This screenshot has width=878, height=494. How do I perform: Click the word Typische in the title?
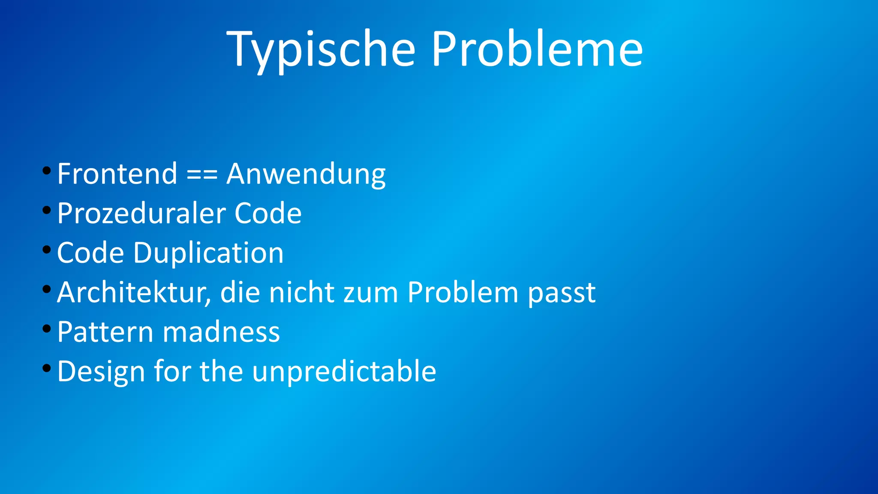point(321,49)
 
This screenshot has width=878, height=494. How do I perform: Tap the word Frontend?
point(117,174)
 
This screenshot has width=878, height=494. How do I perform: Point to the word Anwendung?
point(306,175)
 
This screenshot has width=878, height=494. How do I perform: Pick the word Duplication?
point(208,253)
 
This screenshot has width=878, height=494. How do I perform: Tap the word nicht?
point(301,292)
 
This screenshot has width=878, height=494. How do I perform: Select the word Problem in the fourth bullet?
point(463,292)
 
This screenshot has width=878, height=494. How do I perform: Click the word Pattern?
point(105,332)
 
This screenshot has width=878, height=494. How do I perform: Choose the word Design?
point(101,371)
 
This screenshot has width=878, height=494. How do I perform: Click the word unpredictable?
point(344,371)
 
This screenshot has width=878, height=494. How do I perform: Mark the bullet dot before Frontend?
point(47,171)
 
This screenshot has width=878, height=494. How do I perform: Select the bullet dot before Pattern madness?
point(47,329)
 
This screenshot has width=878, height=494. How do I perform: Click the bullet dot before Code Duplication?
point(47,250)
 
